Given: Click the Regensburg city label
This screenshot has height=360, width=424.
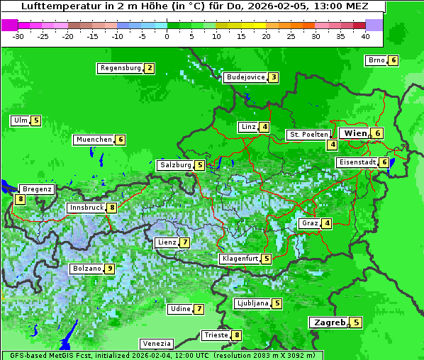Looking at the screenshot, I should [120, 68].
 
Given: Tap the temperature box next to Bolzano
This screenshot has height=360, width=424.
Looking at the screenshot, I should [110, 269].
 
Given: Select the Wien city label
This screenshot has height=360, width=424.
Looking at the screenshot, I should [355, 133].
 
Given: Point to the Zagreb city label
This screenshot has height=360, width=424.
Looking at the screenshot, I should [330, 322].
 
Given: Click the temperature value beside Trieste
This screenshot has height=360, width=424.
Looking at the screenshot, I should [237, 335].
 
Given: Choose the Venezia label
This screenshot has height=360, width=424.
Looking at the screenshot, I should [156, 344].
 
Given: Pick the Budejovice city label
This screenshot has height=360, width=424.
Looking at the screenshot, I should [245, 77].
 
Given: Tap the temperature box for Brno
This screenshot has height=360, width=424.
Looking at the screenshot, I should [393, 60].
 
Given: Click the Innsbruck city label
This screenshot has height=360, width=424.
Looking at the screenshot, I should [86, 208].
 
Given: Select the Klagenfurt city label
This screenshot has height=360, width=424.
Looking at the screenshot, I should [240, 259].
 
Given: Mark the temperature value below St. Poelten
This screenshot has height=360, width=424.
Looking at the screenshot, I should [332, 145].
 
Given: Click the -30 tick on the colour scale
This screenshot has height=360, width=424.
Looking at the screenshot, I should [18, 35].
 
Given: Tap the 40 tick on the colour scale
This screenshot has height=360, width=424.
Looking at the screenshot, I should [365, 35].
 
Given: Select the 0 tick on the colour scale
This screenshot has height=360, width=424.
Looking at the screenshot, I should [167, 35].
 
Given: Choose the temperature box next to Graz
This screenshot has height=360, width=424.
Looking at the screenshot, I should [326, 223].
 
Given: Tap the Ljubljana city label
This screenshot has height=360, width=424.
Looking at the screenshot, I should [252, 303].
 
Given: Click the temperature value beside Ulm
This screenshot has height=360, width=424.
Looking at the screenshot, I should [36, 120].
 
